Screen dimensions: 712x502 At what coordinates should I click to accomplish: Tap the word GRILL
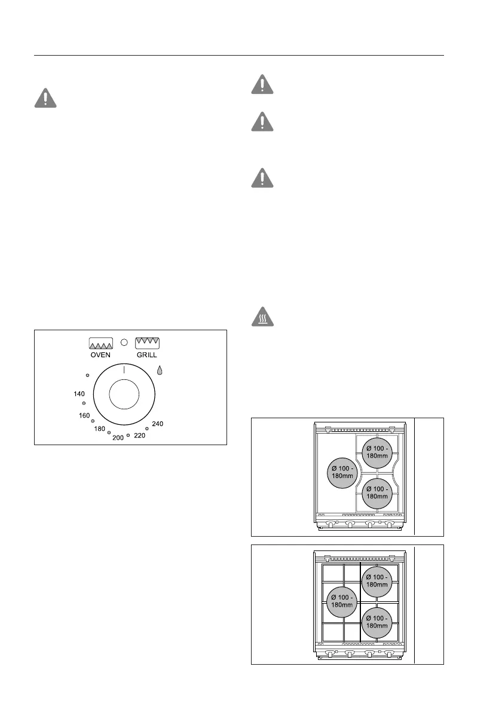147,354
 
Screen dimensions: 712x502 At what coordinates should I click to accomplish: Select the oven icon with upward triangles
100,343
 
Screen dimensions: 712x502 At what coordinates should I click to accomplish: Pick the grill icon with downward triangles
147,343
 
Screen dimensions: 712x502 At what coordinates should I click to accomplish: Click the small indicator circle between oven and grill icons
124,343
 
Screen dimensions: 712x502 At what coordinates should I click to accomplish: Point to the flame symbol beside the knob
160,371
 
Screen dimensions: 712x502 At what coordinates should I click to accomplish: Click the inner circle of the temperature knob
124,397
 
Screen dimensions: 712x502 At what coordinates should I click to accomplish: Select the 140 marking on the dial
79,394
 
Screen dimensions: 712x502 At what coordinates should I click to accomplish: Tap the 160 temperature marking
84,415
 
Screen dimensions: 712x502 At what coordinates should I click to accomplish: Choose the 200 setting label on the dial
118,437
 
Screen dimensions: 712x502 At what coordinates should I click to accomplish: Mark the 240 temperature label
157,424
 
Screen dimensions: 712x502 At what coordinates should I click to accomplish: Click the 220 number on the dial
139,436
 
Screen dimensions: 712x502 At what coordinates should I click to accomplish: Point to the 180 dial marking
100,428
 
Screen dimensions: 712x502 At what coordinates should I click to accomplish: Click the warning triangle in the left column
45,98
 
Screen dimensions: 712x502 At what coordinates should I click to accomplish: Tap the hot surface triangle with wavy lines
262,317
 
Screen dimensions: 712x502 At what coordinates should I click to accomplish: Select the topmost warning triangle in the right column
262,84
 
